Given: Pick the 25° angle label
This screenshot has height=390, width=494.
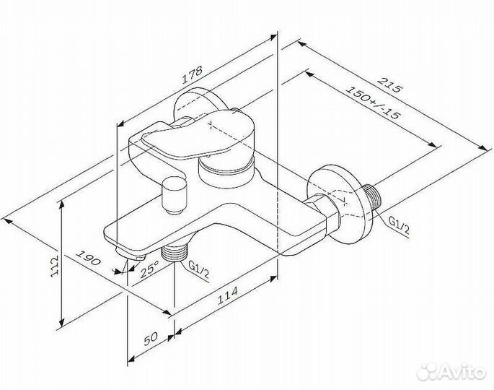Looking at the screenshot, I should pyautogui.click(x=149, y=271).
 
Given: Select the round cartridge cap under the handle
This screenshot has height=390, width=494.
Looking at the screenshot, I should pyautogui.click(x=225, y=170).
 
